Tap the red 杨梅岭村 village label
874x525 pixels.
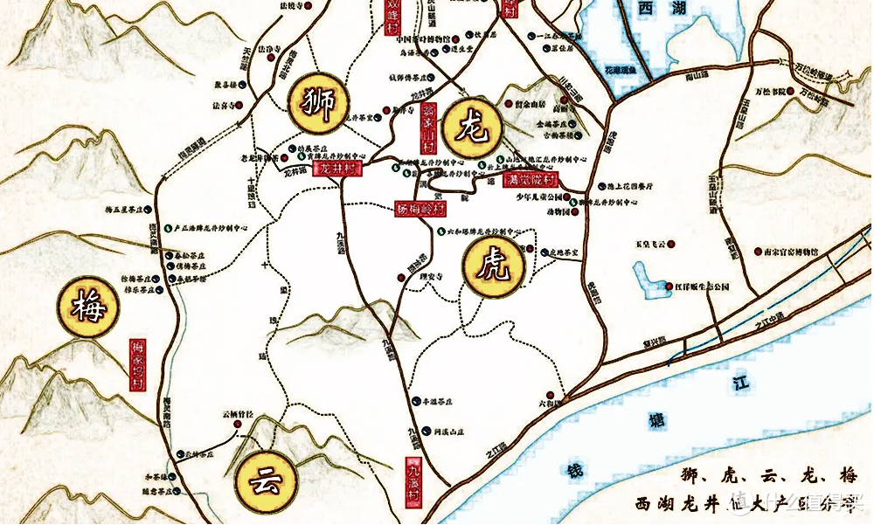pos(417,210)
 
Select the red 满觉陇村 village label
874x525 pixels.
pos(531,180)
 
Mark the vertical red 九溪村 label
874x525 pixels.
pos(413,481)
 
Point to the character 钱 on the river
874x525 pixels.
pos(574,473)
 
